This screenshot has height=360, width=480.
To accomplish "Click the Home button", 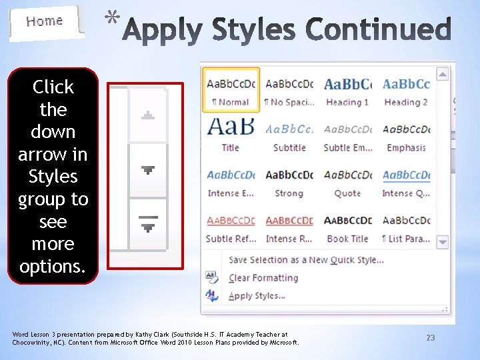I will (45, 21).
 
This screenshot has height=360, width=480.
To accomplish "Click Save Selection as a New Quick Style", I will (306, 260).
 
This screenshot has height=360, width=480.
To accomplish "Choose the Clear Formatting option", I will (263, 278).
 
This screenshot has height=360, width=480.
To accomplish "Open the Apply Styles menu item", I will (257, 296).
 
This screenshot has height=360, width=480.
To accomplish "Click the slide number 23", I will (431, 338).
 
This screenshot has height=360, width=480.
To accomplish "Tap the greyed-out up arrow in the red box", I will (148, 115).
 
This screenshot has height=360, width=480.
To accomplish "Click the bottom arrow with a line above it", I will (148, 224).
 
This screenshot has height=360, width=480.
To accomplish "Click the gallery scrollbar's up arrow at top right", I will (443, 74).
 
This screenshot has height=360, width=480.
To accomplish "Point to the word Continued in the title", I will (379, 30).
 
